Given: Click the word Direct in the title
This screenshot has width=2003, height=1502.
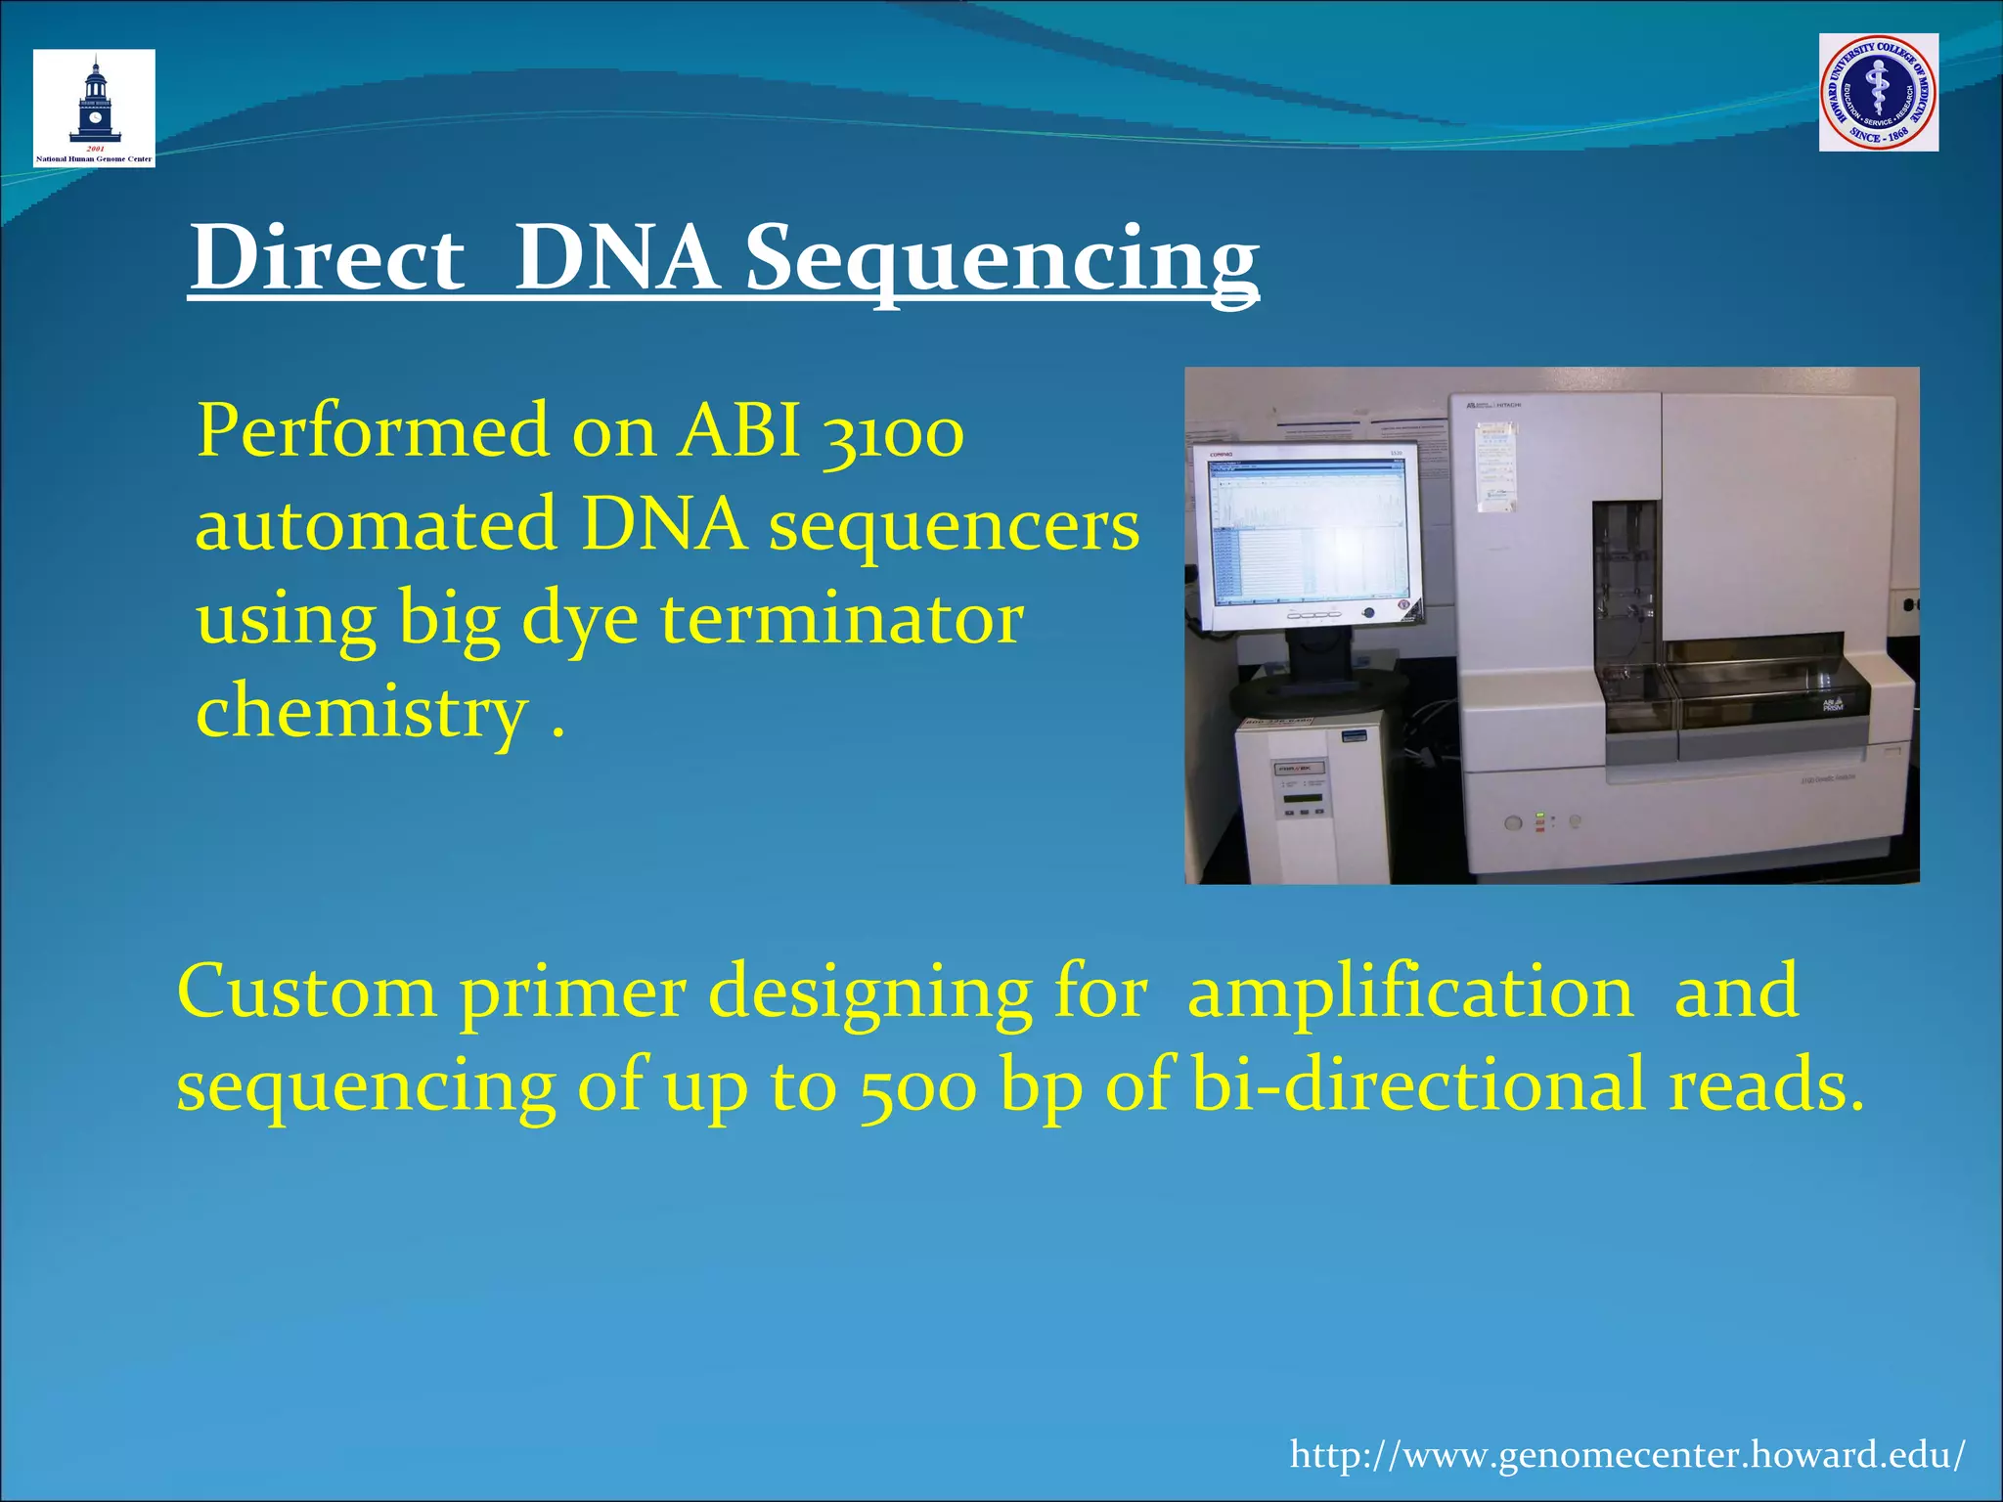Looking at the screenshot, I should [328, 257].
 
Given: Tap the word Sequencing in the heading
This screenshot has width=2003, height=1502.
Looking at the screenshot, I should [1001, 257].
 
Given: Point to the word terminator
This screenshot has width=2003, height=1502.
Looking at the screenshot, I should [841, 619].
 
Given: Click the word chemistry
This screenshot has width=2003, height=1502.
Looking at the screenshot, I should [363, 712].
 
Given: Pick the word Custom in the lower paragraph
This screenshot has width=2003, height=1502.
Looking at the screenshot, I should [306, 992].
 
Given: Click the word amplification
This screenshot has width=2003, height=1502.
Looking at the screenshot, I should [1409, 992].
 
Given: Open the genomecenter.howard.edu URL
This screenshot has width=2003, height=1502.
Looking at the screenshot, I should [1626, 1454].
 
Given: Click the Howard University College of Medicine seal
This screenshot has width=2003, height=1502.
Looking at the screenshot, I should [1878, 92].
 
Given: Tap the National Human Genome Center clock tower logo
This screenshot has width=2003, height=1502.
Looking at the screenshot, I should [94, 108].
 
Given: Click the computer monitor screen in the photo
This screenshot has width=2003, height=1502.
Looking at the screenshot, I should [1307, 528].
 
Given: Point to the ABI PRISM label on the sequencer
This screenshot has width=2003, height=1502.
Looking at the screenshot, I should [1832, 704].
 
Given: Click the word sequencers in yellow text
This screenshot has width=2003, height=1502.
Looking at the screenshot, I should [954, 525].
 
